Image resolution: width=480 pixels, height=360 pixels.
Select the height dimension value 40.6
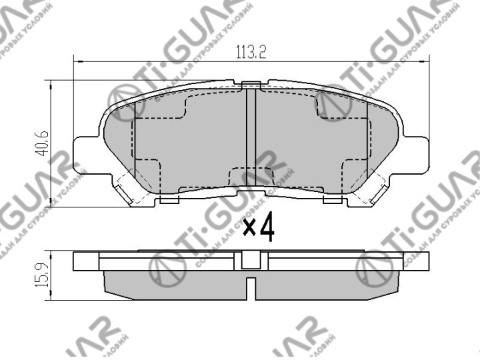(x=43, y=143)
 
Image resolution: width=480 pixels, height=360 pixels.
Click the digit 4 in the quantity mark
(x=267, y=228)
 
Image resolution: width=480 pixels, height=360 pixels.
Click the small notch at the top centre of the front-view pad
(x=251, y=84)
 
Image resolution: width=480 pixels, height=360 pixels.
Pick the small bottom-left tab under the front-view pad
(x=171, y=199)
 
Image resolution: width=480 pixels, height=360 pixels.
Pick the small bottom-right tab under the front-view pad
(x=331, y=199)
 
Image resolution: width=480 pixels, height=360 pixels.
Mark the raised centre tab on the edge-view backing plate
(x=251, y=259)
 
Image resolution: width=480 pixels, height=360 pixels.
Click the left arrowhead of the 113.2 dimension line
(x=75, y=62)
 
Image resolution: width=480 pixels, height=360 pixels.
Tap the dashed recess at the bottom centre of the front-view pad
(x=251, y=176)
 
